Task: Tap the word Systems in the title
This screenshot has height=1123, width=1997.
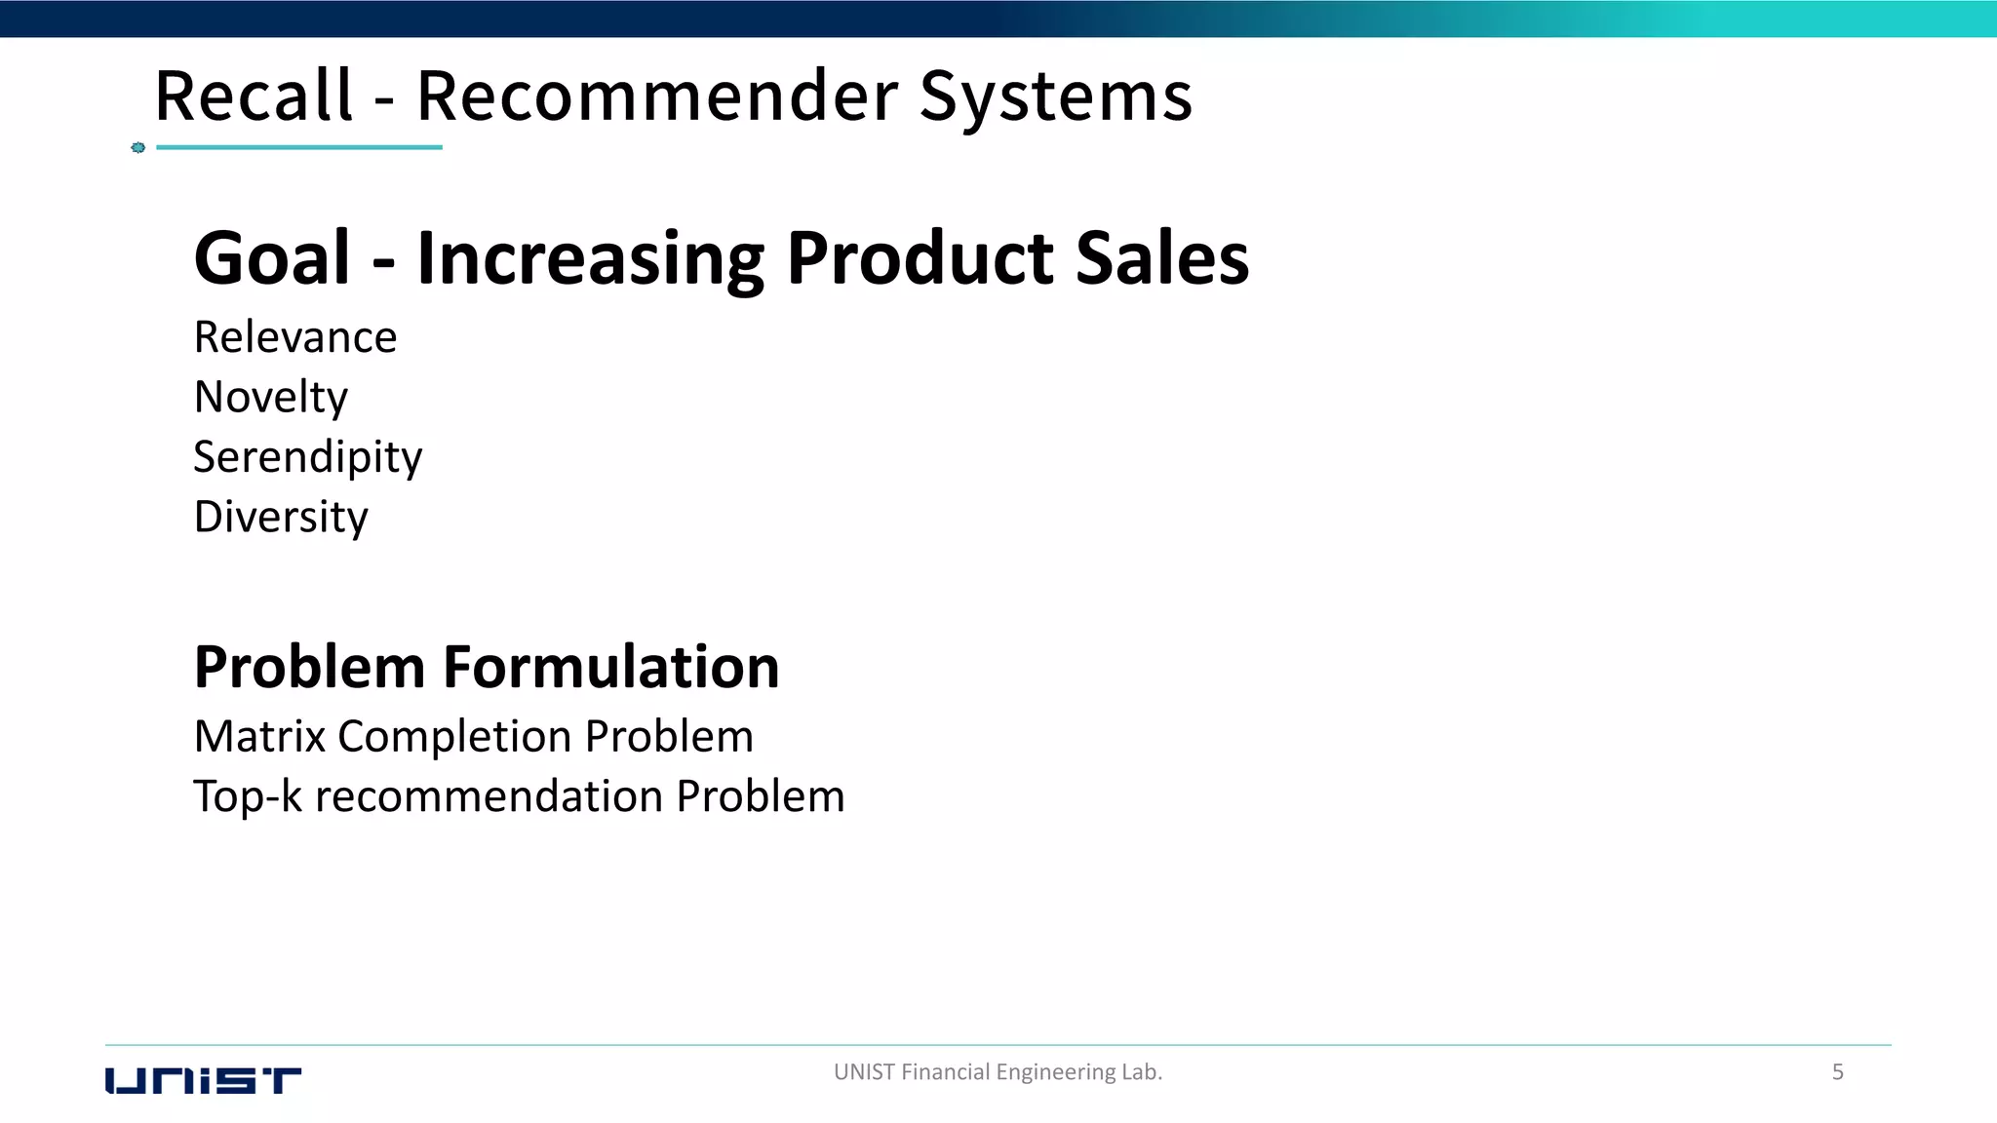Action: pos(1056,97)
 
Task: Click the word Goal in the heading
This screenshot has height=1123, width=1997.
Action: pos(272,258)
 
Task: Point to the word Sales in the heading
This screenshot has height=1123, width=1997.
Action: pos(1162,258)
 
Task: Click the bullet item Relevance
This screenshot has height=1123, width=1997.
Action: pos(295,337)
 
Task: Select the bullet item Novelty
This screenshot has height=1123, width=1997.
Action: pos(271,398)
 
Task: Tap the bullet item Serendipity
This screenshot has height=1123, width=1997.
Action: pos(308,457)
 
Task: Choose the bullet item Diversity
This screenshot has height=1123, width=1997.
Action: pos(281,517)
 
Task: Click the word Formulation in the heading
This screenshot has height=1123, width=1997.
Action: pos(611,668)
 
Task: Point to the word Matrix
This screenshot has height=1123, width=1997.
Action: pos(259,736)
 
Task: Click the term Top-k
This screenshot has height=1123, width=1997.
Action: pos(248,796)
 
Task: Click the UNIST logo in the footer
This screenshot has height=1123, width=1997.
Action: pos(203,1081)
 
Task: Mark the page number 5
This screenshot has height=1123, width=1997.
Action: pos(1838,1072)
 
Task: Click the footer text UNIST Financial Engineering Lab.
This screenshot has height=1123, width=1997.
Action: pos(998,1072)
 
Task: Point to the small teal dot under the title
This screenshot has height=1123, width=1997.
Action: pos(138,147)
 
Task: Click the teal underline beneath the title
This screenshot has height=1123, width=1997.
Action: pos(299,147)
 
